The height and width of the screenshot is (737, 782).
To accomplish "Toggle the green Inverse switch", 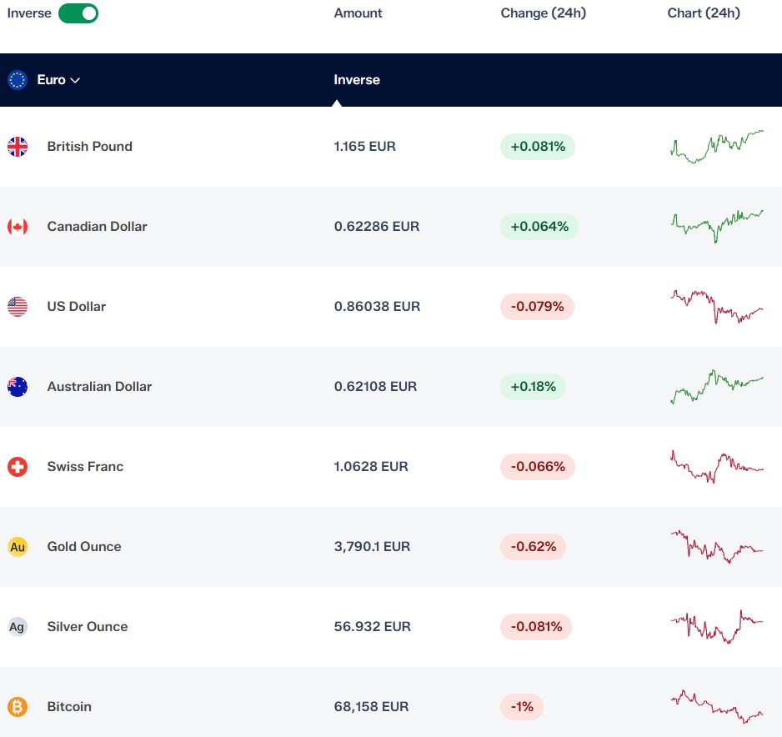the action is coord(78,13).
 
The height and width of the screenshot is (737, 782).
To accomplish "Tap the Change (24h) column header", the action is coord(543,13).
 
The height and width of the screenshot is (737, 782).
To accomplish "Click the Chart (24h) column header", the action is coord(704,13).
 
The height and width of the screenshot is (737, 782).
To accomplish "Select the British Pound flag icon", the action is coord(18,147).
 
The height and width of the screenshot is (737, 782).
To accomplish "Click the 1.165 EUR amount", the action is coord(364,147).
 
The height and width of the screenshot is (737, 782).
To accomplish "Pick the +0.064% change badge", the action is coord(539,227).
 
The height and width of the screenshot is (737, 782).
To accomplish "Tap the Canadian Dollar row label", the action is coord(98,227).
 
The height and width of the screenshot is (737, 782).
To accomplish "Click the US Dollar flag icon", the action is coord(18,307).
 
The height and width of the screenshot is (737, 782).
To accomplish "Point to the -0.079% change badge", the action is coord(537,307).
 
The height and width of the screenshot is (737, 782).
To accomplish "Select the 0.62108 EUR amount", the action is coord(375,387).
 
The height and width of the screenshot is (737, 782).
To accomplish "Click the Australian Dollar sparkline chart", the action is coord(717,387).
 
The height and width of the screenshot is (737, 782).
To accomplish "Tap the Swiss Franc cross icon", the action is coord(18,467).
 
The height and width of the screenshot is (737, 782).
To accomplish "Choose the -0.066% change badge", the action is coord(538,467).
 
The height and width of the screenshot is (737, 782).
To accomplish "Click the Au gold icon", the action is coord(18,547).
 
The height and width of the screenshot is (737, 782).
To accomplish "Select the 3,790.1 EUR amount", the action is coord(372,547).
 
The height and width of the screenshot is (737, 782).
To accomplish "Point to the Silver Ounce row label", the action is coord(88,627).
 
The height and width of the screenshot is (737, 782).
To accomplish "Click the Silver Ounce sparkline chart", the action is coord(717,627).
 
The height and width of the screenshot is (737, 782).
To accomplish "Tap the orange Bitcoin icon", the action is coord(18,707).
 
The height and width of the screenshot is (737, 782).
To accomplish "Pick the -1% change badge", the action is coord(522,707).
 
